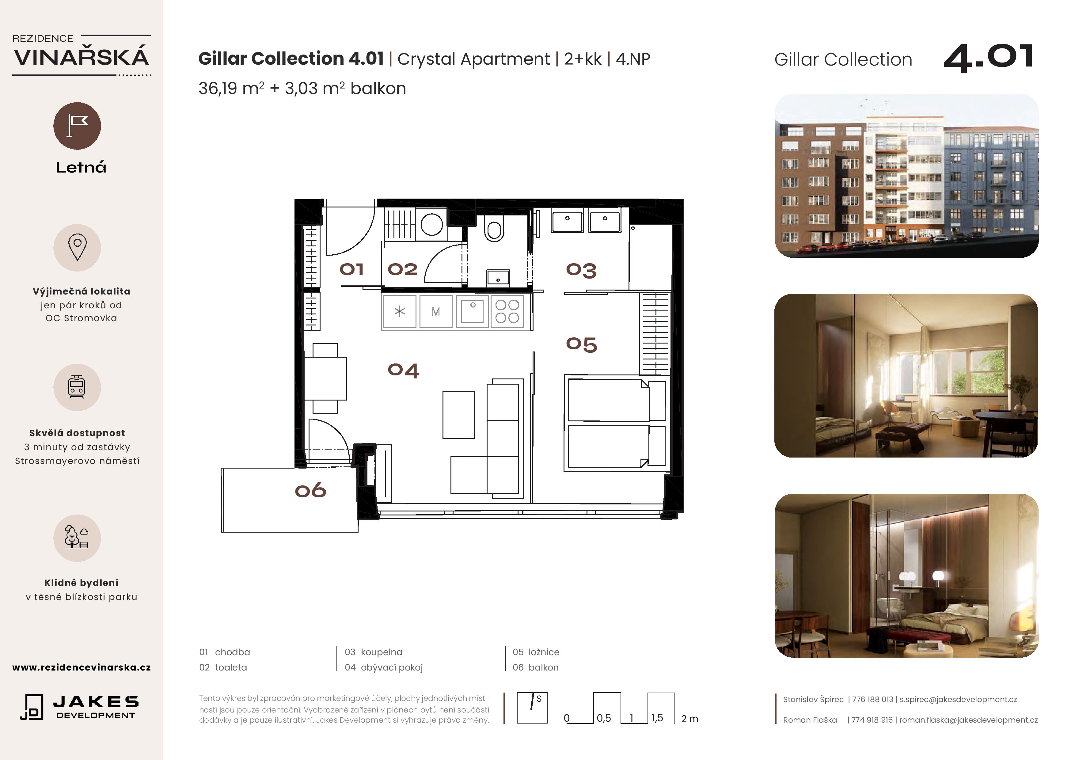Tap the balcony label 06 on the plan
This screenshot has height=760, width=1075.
click(310, 490)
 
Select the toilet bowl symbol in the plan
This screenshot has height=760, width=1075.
click(494, 230)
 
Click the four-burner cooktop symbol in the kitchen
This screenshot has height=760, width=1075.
click(507, 311)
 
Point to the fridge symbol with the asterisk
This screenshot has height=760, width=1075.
click(399, 311)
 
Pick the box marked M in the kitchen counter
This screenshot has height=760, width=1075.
click(436, 311)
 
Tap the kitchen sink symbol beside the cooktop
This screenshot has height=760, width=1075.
click(473, 311)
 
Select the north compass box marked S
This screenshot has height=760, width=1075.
click(532, 708)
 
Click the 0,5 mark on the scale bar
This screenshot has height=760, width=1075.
click(603, 718)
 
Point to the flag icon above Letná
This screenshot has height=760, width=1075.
click(77, 126)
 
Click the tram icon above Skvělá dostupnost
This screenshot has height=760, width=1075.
click(77, 387)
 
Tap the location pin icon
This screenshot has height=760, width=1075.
click(77, 247)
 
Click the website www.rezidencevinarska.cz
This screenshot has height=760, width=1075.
click(82, 667)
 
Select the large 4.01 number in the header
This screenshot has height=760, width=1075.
click(988, 57)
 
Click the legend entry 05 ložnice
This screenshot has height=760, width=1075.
click(536, 652)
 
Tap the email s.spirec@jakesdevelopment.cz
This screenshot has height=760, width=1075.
click(958, 699)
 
